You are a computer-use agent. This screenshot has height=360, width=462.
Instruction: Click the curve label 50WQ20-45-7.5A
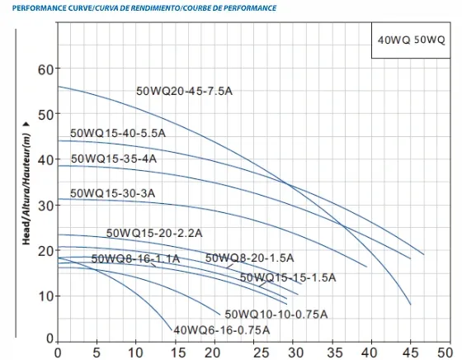coord(184,91)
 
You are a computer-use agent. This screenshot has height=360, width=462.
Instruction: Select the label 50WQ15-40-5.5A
coord(118,133)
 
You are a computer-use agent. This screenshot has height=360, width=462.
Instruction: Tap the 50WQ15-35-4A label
coord(114,159)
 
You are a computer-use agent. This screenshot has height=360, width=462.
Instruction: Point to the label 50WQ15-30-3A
coord(112,193)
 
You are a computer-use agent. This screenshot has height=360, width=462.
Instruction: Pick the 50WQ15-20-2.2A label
coord(154,233)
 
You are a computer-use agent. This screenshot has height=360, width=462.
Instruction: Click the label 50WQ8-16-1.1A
coord(135,259)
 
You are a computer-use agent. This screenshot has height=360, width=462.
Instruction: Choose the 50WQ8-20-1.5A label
coord(249,258)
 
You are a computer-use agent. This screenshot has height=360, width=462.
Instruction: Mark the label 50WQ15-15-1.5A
coord(288,277)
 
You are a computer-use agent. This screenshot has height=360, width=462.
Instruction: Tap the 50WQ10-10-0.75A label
coord(276,315)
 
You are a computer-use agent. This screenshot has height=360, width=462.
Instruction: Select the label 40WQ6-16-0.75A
coord(222,330)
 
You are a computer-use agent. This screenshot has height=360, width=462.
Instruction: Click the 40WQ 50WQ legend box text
coord(412,40)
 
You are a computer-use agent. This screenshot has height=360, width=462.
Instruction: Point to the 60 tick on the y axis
coord(46,69)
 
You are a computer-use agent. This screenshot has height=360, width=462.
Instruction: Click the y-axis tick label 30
coord(46,206)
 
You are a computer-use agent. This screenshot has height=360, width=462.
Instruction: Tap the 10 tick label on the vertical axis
coord(46,296)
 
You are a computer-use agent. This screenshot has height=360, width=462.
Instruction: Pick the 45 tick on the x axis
coord(411,353)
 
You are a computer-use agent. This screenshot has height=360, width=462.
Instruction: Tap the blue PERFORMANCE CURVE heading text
coord(144,8)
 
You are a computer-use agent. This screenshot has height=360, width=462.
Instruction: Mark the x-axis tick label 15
coord(178,353)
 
